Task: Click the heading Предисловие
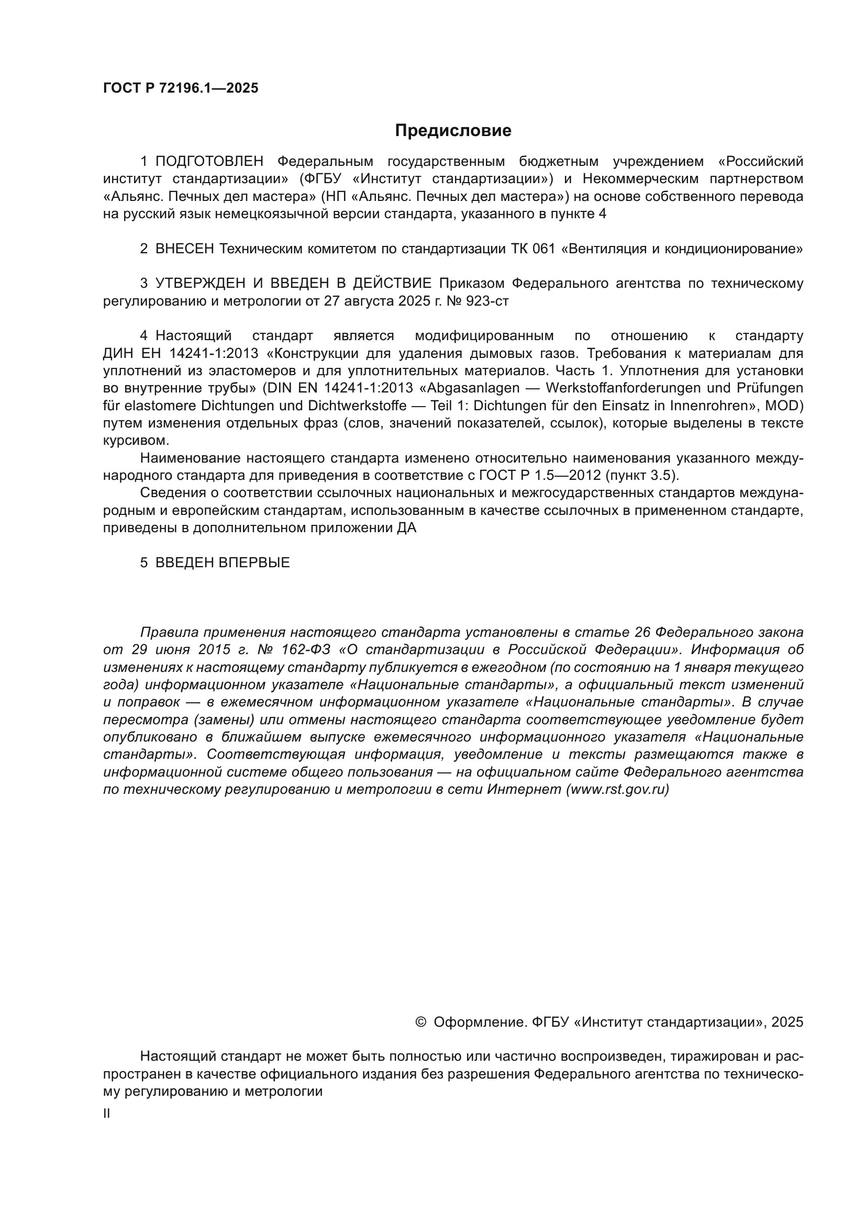(453, 131)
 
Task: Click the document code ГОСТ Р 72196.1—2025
(180, 88)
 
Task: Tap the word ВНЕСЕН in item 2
(184, 249)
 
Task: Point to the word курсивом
(136, 441)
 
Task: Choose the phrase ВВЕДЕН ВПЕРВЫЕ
(223, 563)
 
